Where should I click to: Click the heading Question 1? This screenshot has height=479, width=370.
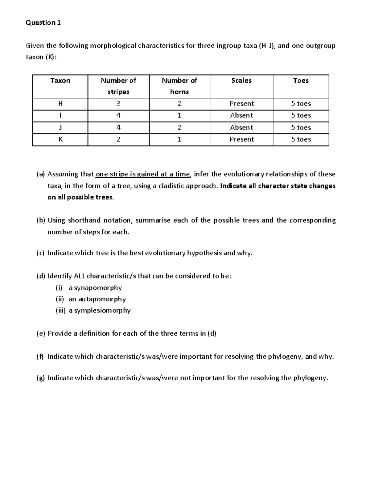pyautogui.click(x=43, y=23)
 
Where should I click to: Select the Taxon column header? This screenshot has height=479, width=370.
pyautogui.click(x=60, y=81)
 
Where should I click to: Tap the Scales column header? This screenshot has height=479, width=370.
pyautogui.click(x=241, y=81)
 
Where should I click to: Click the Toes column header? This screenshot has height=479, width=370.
pyautogui.click(x=301, y=81)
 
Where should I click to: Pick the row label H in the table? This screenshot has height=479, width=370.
pyautogui.click(x=60, y=104)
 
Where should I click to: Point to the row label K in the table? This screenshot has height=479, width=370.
pyautogui.click(x=60, y=139)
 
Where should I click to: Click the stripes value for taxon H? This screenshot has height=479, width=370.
pyautogui.click(x=118, y=104)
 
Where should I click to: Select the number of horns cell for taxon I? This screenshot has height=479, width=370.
pyautogui.click(x=179, y=116)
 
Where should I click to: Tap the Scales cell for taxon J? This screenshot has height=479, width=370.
pyautogui.click(x=241, y=128)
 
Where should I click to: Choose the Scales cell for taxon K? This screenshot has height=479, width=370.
pyautogui.click(x=241, y=139)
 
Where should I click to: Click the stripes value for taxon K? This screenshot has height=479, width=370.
pyautogui.click(x=118, y=139)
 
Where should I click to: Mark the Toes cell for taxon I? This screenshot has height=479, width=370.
pyautogui.click(x=301, y=116)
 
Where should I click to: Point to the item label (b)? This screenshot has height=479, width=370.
pyautogui.click(x=41, y=220)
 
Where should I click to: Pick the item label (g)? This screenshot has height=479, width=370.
pyautogui.click(x=41, y=378)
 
